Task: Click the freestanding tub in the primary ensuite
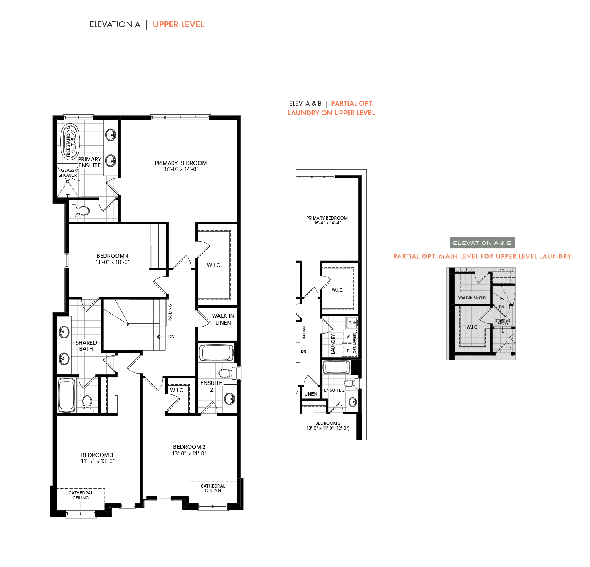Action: (x=70, y=141)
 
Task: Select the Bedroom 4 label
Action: (x=112, y=256)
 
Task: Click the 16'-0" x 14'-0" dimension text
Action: (x=181, y=169)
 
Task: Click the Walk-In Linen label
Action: (x=223, y=319)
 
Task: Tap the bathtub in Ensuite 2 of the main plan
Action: (x=216, y=353)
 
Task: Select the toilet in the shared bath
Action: (x=87, y=404)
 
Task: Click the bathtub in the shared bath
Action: (x=66, y=395)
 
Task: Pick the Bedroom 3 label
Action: (x=97, y=455)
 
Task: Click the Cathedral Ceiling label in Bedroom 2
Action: (x=213, y=488)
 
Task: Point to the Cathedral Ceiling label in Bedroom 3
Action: (x=81, y=495)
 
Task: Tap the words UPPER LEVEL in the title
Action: (x=178, y=24)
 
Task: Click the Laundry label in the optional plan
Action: (x=333, y=344)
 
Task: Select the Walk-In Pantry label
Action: (x=472, y=298)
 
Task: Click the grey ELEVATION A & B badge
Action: (x=482, y=243)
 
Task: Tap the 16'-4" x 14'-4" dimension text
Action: (x=327, y=223)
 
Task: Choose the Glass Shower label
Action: (x=68, y=173)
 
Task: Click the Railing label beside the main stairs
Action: (x=170, y=312)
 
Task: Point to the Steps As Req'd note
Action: (x=502, y=322)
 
